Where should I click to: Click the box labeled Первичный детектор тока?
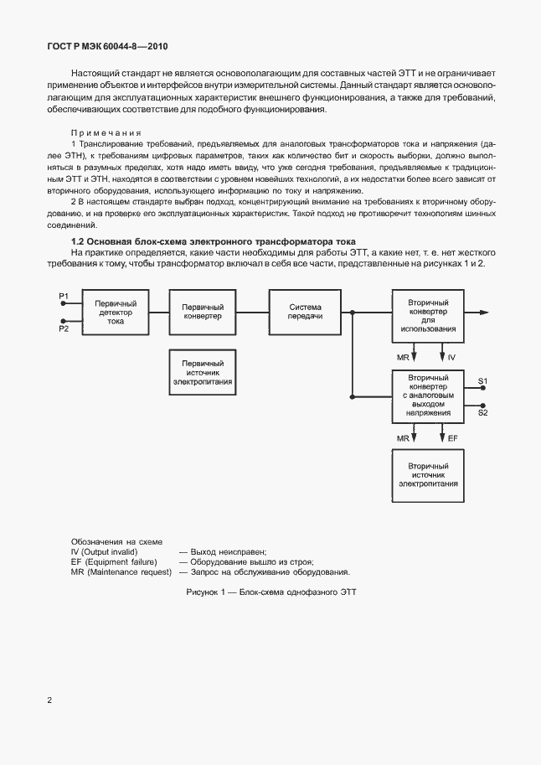pos(116,312)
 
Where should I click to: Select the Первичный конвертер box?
pos(202,312)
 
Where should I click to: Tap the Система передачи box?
pos(305,312)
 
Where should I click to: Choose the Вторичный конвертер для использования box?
pos(427,315)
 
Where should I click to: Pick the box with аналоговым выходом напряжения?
pos(427,395)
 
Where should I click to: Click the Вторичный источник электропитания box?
pos(427,476)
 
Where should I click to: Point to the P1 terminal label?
pos(64,295)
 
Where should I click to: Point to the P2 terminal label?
pos(64,329)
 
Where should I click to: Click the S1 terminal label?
pos(483,381)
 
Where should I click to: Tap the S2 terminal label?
pos(483,411)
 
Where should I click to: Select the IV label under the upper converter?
pos(451,357)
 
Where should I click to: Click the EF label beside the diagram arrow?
pos(453,437)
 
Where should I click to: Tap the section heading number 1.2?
pos(79,240)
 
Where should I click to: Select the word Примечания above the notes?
pos(106,132)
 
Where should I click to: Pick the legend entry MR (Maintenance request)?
pos(121,571)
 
